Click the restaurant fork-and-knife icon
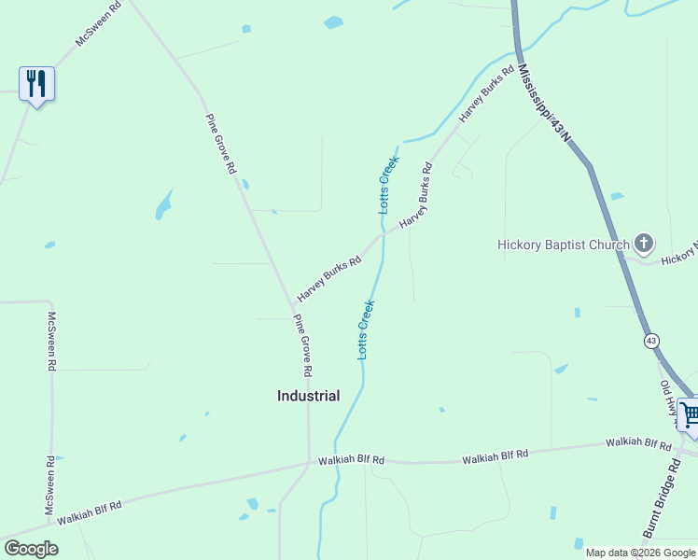[x=36, y=84]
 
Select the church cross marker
[x=643, y=245]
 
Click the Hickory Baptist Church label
[x=564, y=245]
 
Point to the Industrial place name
[x=308, y=396]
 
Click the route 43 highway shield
[x=651, y=341]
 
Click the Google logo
[x=31, y=549]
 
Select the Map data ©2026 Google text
[x=639, y=553]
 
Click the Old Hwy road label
[x=669, y=398]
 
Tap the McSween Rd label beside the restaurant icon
[x=97, y=25]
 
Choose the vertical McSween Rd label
[x=51, y=342]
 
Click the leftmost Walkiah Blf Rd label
[x=90, y=512]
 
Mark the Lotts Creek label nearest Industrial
[x=366, y=329]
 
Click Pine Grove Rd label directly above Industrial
[x=302, y=344]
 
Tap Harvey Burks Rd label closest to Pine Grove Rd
[x=328, y=279]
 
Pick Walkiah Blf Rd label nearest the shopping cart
[x=639, y=443]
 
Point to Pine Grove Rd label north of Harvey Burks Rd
[x=220, y=145]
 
